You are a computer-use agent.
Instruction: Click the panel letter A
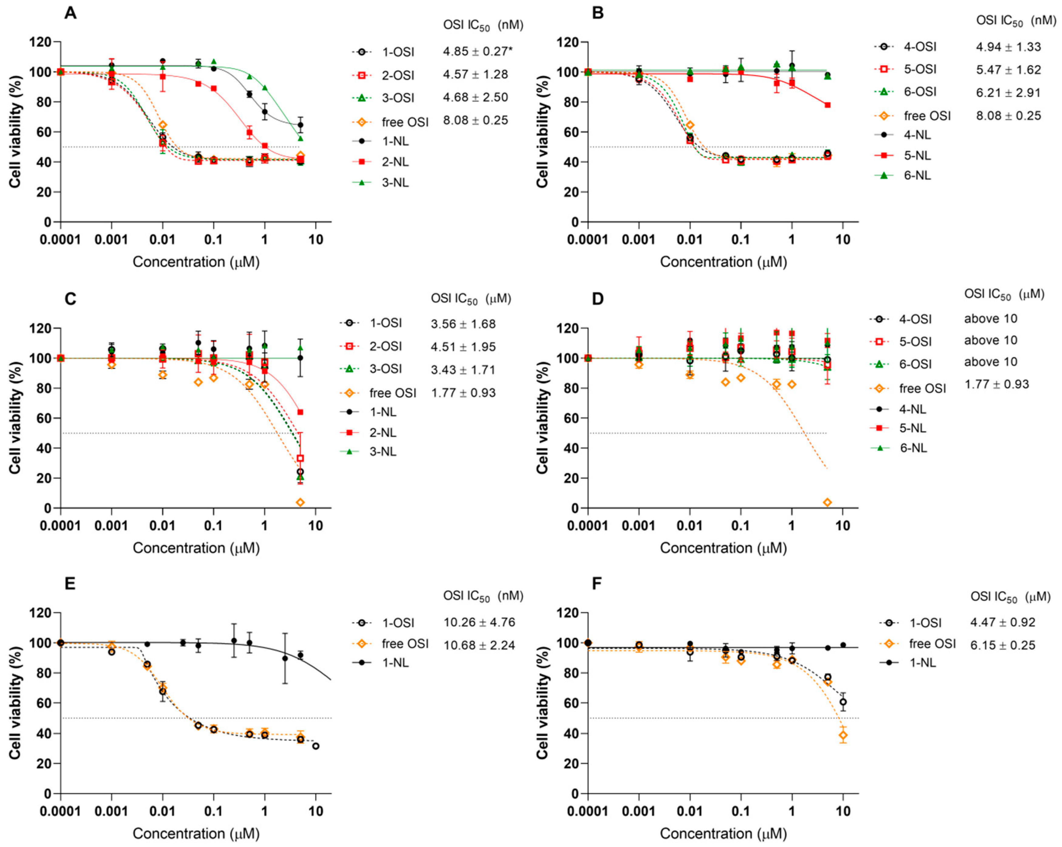tap(70, 13)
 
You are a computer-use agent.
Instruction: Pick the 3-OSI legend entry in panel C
tap(371, 369)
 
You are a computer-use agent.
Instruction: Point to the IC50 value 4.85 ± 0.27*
tap(475, 51)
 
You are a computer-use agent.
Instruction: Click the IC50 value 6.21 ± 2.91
tap(1008, 93)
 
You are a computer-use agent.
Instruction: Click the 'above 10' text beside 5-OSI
tap(991, 340)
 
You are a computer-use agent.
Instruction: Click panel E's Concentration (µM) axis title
tap(196, 834)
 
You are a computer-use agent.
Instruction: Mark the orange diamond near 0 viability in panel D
tap(827, 502)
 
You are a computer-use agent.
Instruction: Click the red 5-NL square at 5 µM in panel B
tap(827, 105)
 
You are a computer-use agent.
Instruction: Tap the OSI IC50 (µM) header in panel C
tap(471, 299)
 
